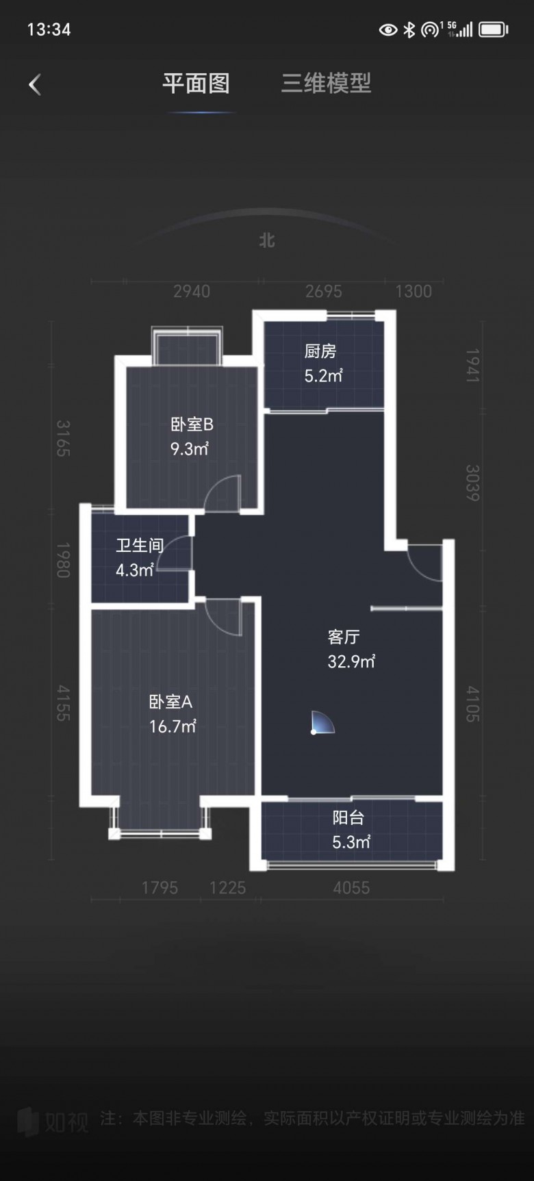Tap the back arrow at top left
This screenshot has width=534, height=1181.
coord(35,85)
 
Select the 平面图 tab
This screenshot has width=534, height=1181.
coord(196,84)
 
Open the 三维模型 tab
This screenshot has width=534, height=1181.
coord(326,84)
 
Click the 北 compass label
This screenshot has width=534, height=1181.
coord(267,240)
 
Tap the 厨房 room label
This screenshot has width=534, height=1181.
coord(320,351)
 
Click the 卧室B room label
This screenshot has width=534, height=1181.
coord(192,424)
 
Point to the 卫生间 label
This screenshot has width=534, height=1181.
coord(140,545)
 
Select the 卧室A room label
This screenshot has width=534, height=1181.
coord(170,702)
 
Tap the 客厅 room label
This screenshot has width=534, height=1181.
coord(344,637)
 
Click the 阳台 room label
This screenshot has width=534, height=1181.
coord(348,817)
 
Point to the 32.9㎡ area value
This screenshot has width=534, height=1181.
coord(351,661)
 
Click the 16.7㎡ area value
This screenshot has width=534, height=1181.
coord(173,726)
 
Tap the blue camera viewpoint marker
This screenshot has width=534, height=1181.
coord(322,723)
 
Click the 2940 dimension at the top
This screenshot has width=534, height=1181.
coord(192,292)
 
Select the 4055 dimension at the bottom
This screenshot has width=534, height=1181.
coord(351,888)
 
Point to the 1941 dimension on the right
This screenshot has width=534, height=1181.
coord(472,365)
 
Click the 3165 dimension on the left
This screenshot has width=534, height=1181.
coord(63,438)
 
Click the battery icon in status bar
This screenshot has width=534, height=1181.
coord(494,29)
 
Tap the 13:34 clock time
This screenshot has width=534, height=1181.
coord(49,29)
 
